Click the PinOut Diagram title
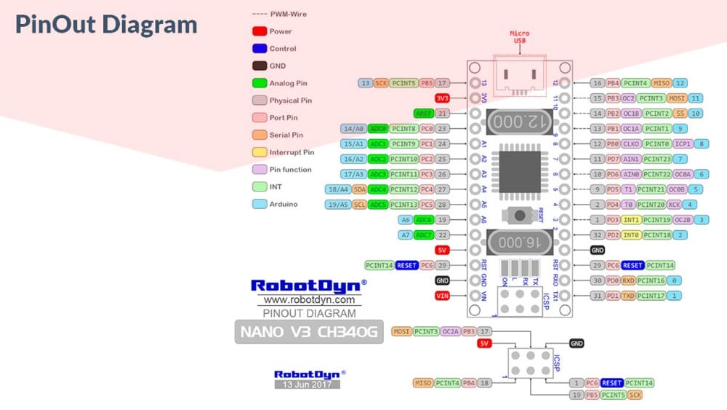(106, 24)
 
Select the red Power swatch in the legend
(258, 31)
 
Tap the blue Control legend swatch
(258, 49)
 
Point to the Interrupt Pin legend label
(292, 152)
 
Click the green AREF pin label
(423, 114)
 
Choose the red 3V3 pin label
(442, 98)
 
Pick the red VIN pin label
(442, 296)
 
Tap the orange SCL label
(359, 205)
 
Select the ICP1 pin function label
(683, 143)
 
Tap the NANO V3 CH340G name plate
(307, 334)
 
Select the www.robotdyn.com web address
(308, 299)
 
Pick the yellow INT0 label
(630, 235)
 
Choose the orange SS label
(680, 114)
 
